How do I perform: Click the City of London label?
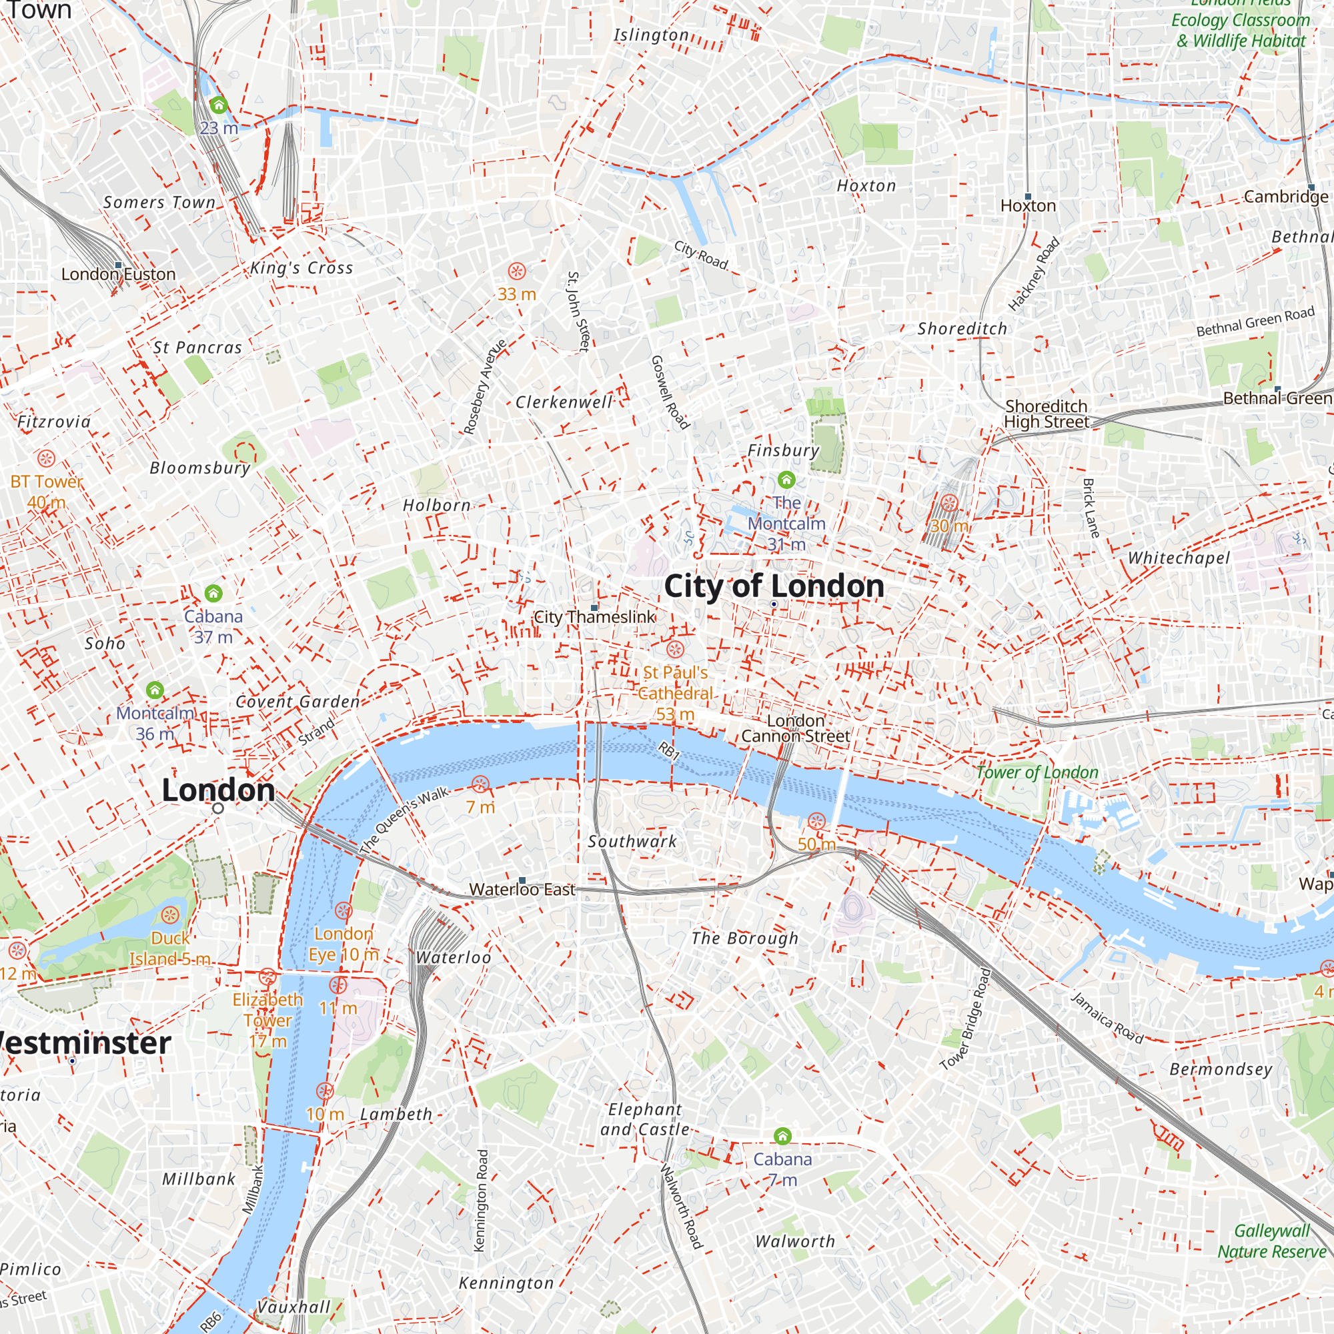click(x=773, y=586)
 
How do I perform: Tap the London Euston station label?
click(x=118, y=274)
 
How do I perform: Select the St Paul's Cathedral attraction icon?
click(x=674, y=649)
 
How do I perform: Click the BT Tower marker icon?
click(x=46, y=458)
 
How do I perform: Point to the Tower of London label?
click(x=1037, y=772)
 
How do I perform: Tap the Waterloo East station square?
click(x=522, y=880)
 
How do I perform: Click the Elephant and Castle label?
click(x=644, y=1119)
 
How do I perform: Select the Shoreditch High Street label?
click(x=1046, y=414)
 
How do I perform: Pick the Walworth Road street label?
click(x=682, y=1206)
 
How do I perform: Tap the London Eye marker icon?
click(x=343, y=910)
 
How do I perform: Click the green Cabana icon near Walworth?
click(x=782, y=1136)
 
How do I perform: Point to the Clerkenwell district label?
click(x=564, y=402)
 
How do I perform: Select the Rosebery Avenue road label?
click(x=485, y=387)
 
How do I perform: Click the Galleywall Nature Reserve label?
click(x=1271, y=1241)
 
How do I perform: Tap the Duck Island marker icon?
click(x=170, y=916)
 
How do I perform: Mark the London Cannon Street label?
click(x=796, y=728)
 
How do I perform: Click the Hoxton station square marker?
click(x=1027, y=197)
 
